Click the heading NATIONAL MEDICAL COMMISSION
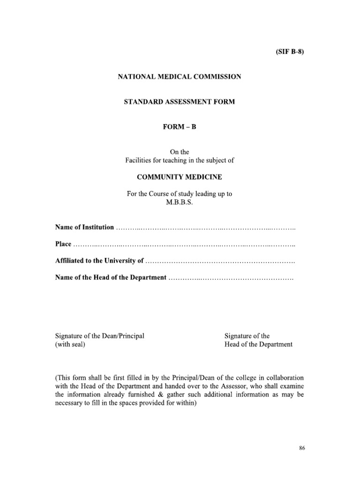coord(180,76)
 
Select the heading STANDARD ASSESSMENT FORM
coord(180,102)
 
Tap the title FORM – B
coord(180,127)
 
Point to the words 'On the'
coord(180,152)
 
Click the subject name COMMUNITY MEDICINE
coord(180,178)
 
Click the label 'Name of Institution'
coord(84,227)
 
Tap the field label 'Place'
coord(63,244)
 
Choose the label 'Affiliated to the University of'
coord(99,261)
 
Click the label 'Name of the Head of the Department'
coord(111,277)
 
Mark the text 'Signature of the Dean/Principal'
coord(99,336)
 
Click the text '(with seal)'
coord(70,344)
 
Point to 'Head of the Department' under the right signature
coord(258,344)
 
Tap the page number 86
coord(302,448)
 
